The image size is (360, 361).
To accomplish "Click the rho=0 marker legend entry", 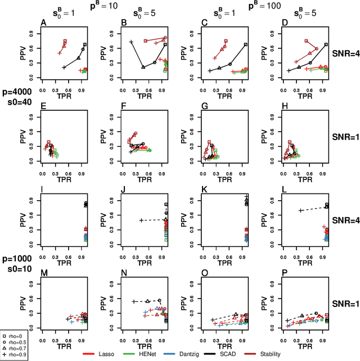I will tap(13, 336).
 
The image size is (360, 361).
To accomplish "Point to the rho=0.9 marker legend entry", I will tap(13, 355).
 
